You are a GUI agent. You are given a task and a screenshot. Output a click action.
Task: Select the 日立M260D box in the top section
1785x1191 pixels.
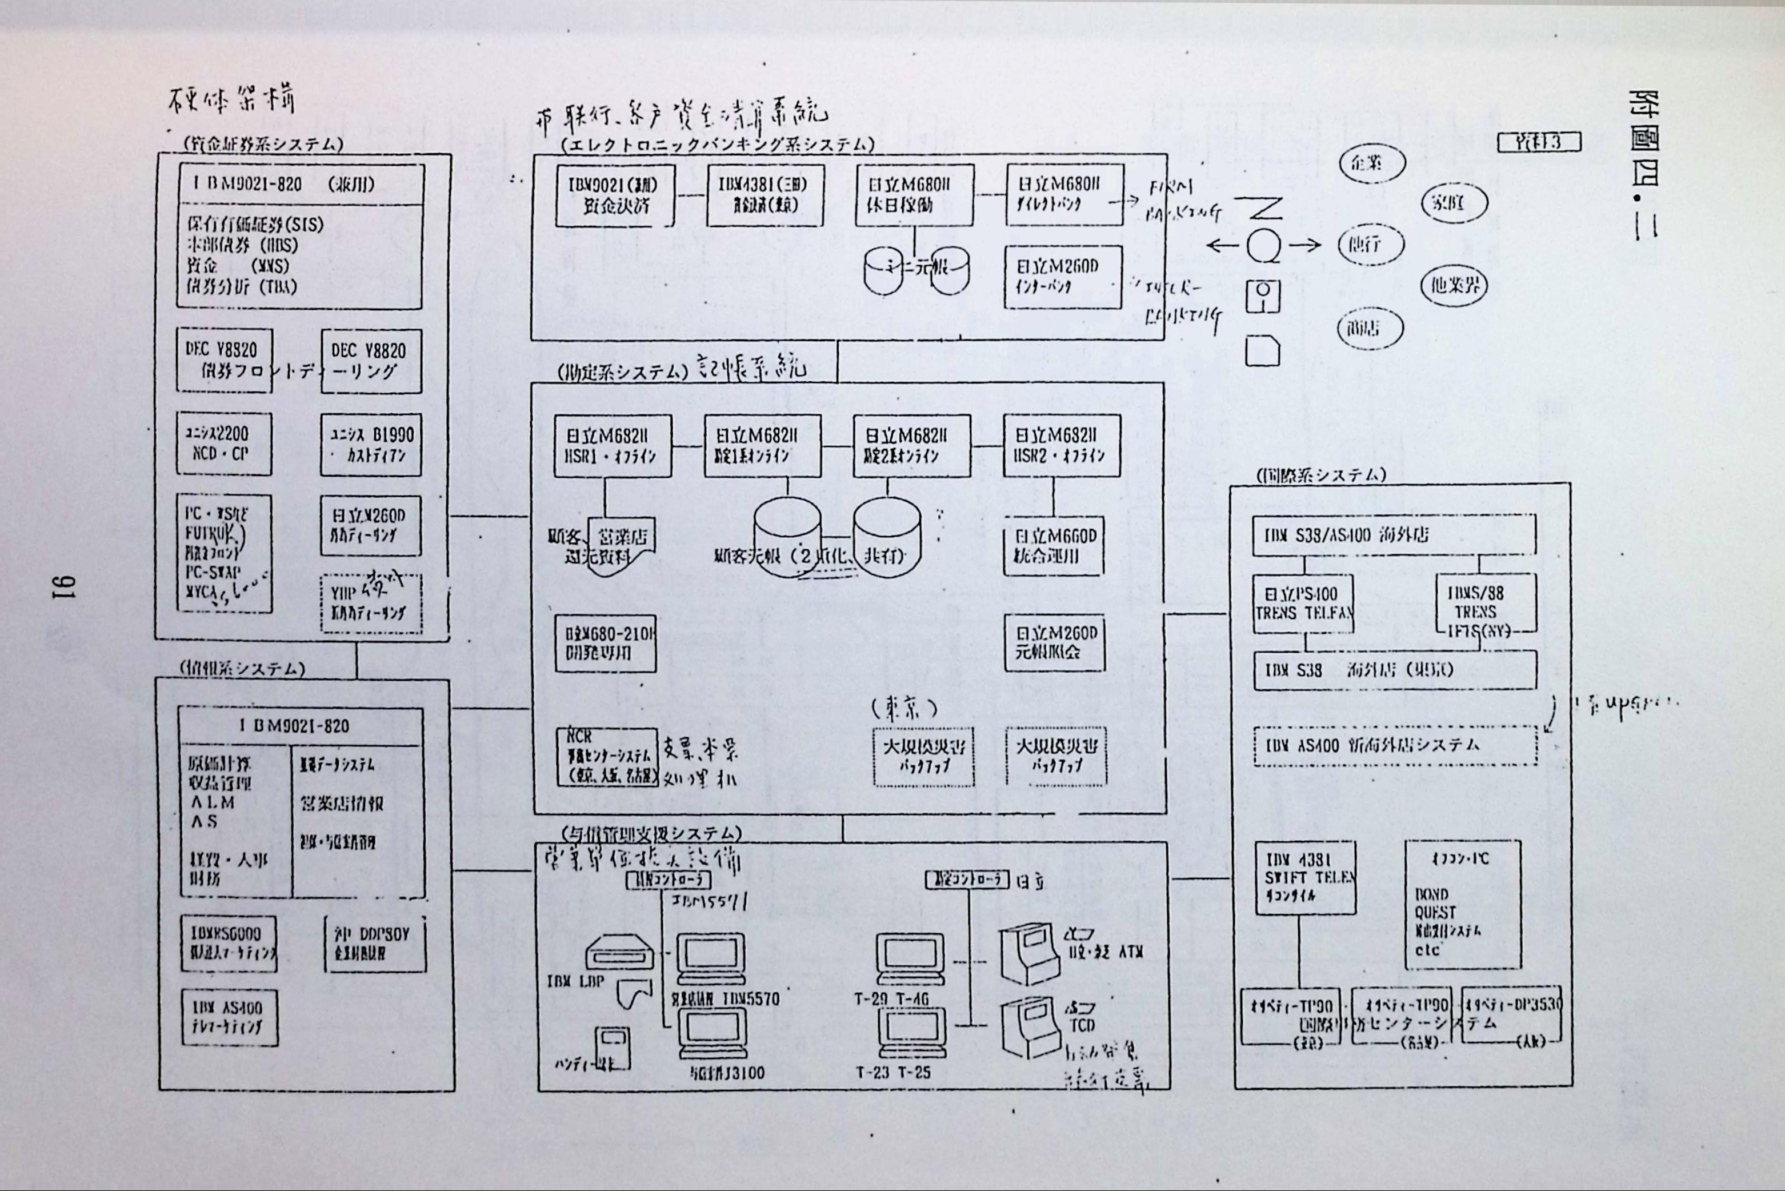pos(1063,277)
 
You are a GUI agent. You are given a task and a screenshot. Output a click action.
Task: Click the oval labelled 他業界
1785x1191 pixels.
pos(1453,286)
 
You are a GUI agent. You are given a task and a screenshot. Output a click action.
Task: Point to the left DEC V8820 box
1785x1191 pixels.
pos(224,359)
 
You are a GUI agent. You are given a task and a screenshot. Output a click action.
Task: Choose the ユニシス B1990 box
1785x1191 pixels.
pos(370,445)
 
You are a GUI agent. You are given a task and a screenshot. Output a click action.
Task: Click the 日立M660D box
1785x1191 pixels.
pos(1054,545)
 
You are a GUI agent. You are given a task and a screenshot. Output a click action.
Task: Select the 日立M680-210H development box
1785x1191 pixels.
pos(605,642)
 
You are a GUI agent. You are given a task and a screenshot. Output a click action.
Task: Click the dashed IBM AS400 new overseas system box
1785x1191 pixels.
pos(1395,745)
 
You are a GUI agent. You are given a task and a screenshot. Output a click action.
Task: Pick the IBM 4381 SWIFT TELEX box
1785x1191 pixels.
pos(1305,877)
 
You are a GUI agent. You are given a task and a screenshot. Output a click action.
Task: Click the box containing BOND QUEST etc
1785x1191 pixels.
pos(1462,904)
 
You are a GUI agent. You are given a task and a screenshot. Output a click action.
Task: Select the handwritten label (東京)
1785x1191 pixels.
pos(903,709)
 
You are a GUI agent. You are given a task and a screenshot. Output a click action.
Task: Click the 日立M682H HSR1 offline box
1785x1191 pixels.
pos(612,445)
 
